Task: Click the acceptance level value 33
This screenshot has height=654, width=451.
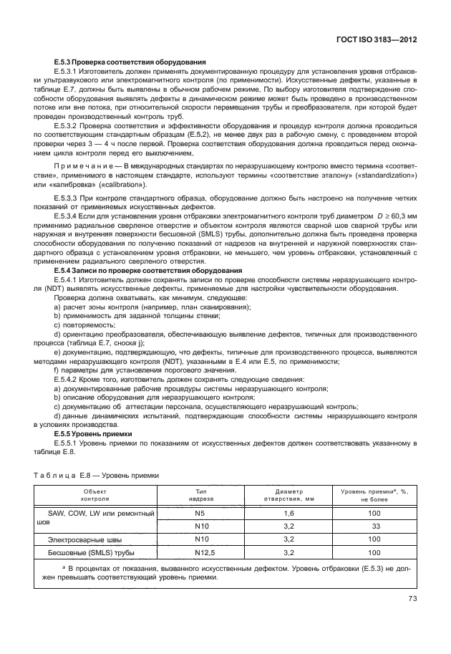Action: (374, 526)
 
